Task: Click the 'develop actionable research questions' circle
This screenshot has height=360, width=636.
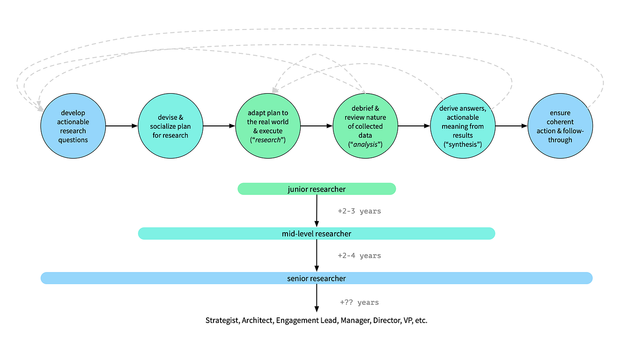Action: pos(73,126)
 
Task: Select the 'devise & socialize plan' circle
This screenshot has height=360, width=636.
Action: pos(170,126)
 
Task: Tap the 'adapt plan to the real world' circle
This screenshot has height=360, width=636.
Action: pos(268,126)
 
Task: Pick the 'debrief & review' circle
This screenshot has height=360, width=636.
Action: pos(365,126)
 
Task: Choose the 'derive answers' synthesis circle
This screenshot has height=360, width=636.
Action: pos(463,126)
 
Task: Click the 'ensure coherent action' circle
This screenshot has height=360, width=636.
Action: pos(560,126)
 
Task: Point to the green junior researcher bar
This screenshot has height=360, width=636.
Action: pos(317,189)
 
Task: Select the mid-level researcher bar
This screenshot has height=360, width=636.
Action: pos(316,234)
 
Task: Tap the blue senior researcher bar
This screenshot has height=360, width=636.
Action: pos(316,278)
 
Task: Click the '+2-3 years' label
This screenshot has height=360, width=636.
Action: pos(359,211)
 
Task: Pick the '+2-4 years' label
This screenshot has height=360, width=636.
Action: pos(359,256)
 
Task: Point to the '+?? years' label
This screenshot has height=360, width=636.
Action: pos(359,302)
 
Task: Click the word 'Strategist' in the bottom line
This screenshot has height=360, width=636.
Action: pos(222,320)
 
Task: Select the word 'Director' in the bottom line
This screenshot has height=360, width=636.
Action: pos(386,320)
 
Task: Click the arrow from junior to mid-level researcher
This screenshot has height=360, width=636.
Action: pos(317,211)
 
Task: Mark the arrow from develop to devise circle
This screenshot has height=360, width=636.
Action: pos(121,126)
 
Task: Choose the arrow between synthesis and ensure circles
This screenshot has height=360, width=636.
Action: pos(511,126)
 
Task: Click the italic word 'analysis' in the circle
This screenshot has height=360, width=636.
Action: pos(365,144)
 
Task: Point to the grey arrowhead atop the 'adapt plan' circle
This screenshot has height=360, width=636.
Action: pos(274,90)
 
